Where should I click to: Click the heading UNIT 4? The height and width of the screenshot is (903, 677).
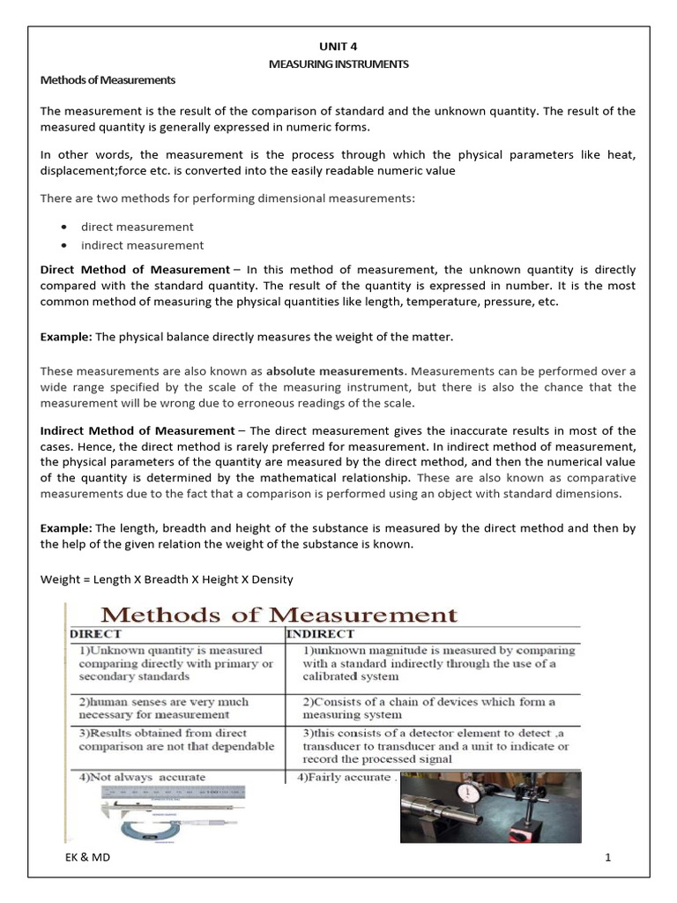tap(338, 47)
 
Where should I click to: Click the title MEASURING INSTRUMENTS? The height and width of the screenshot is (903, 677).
tap(338, 63)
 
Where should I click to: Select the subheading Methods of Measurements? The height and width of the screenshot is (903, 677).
tap(108, 80)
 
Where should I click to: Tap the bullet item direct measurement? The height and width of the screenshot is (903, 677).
tap(138, 227)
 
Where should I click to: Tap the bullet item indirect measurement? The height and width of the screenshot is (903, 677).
tap(142, 245)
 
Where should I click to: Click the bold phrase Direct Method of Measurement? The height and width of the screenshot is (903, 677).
tap(135, 269)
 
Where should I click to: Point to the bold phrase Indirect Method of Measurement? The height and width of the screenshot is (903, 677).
tap(138, 430)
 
